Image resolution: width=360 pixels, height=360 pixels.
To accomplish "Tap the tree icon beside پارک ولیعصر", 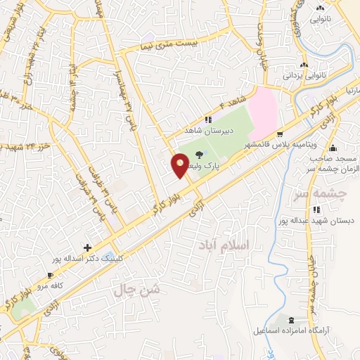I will click(202, 156).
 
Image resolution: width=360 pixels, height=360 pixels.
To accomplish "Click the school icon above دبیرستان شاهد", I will click(208, 120).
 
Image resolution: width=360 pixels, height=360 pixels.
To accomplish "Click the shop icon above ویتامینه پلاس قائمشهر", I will click(281, 134).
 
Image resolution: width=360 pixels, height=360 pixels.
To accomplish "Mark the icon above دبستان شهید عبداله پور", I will click(317, 209).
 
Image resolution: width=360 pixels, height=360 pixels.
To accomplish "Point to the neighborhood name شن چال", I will click(138, 289).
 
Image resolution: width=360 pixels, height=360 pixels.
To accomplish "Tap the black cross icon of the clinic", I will click(87, 247).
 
